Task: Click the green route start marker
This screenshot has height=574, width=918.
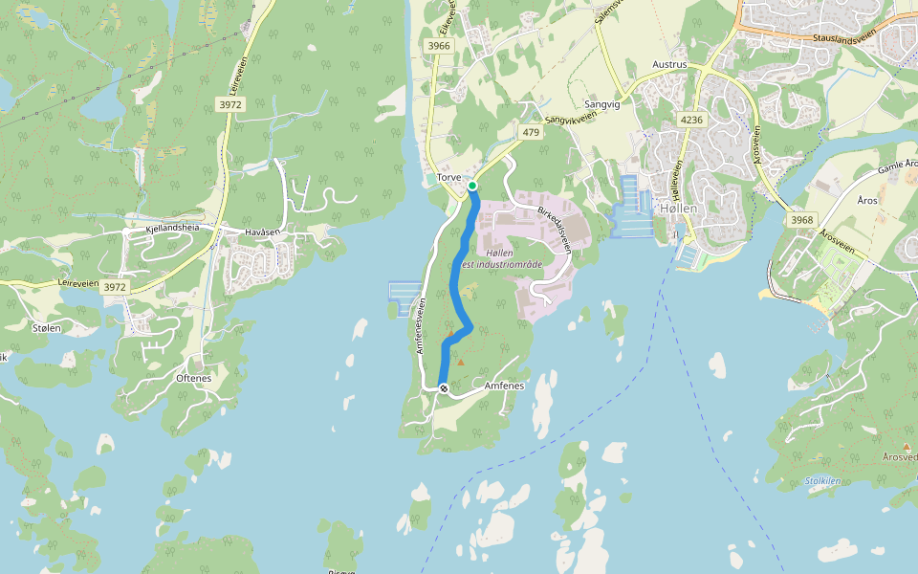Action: [x=472, y=186]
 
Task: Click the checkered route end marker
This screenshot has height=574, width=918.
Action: [x=444, y=387]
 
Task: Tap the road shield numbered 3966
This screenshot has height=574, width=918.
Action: [x=439, y=46]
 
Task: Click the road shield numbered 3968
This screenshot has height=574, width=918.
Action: [x=802, y=220]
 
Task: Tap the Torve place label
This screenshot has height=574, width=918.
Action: [x=448, y=178]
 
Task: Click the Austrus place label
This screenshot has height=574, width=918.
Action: [x=669, y=64]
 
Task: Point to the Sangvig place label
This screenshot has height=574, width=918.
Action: [x=601, y=104]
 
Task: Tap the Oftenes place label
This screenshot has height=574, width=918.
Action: [x=193, y=378]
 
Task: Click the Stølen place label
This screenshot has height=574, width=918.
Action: [x=46, y=328]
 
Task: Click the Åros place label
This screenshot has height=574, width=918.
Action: [x=867, y=200]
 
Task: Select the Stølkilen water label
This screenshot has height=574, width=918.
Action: [x=822, y=481]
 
